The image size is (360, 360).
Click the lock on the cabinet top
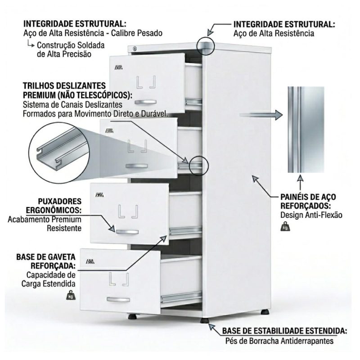tap(135, 49)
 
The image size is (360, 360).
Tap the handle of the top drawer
tap(145, 102)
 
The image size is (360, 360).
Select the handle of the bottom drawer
tap(118, 299)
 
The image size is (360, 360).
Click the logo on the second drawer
tap(109, 131)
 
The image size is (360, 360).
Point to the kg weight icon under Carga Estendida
tap(71, 295)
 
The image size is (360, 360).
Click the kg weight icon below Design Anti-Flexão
tap(285, 226)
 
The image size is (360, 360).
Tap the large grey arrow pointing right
tap(261, 115)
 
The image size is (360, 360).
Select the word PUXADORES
tap(60, 201)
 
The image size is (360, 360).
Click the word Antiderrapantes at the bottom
tap(307, 341)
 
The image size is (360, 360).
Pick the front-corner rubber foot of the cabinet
tap(204, 321)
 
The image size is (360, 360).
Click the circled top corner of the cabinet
tap(206, 45)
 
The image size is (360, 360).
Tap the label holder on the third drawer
tap(128, 211)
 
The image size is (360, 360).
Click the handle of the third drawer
tap(127, 232)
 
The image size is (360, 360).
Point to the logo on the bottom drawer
tap(90, 261)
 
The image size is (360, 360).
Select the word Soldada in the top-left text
tap(92, 45)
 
